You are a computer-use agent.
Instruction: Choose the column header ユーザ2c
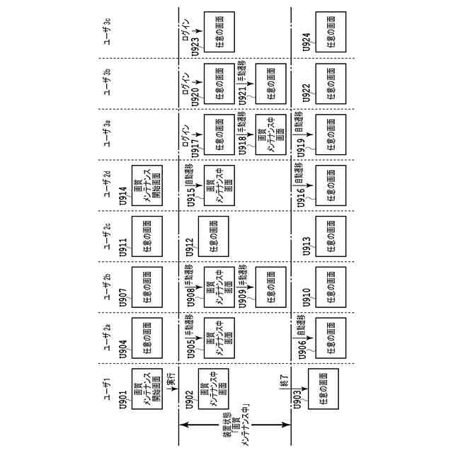107,236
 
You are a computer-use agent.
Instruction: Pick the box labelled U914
147,185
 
